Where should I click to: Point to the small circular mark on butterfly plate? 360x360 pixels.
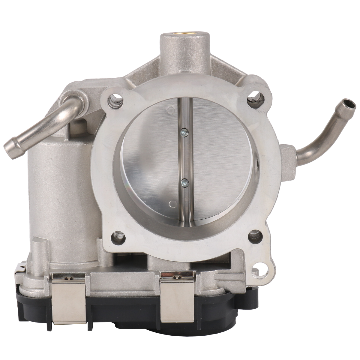point(172,204)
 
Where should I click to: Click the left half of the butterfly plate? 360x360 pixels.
point(150,156)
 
